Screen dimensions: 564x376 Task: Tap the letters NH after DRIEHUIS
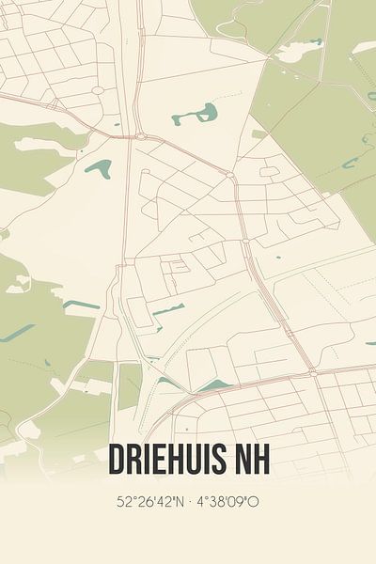(250, 459)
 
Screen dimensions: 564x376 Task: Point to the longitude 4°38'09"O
(228, 502)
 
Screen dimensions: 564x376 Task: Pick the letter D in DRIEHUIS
(117, 459)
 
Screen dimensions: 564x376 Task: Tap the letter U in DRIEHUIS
(192, 459)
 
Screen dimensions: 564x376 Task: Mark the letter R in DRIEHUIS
(137, 459)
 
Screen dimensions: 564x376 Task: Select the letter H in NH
(260, 459)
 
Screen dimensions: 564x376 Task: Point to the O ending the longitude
(255, 502)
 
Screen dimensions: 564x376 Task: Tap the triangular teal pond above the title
(214, 385)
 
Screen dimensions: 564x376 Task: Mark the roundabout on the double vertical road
(141, 136)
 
